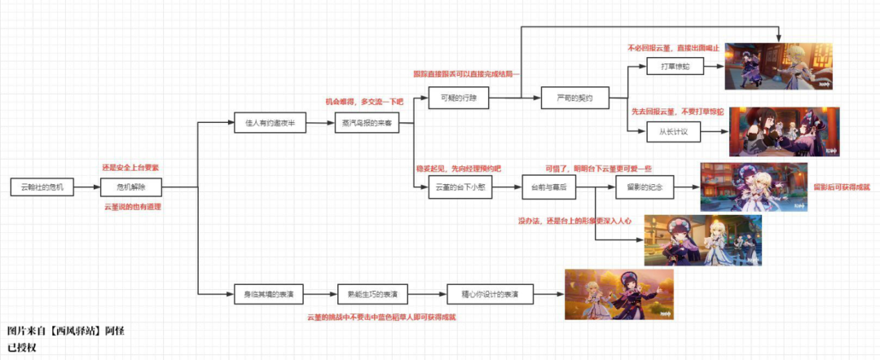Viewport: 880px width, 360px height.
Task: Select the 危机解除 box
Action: (x=131, y=187)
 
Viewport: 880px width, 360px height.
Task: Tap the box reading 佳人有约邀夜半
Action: (x=269, y=123)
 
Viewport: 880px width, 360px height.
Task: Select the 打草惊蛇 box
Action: (x=675, y=66)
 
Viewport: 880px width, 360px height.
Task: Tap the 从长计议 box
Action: (x=675, y=130)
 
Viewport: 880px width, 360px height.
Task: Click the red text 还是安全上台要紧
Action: (x=130, y=167)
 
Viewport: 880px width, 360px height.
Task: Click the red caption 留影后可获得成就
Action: (x=841, y=187)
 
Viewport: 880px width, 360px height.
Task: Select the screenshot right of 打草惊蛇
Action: (x=778, y=66)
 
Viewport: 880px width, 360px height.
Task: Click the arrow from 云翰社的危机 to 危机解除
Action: (x=88, y=187)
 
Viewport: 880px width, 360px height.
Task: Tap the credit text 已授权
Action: (x=24, y=347)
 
